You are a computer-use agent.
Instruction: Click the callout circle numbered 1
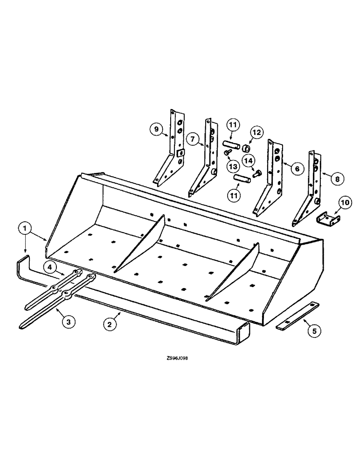(x=26, y=229)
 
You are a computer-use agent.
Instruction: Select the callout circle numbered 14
(x=248, y=161)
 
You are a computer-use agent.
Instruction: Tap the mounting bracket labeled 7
(x=205, y=161)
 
